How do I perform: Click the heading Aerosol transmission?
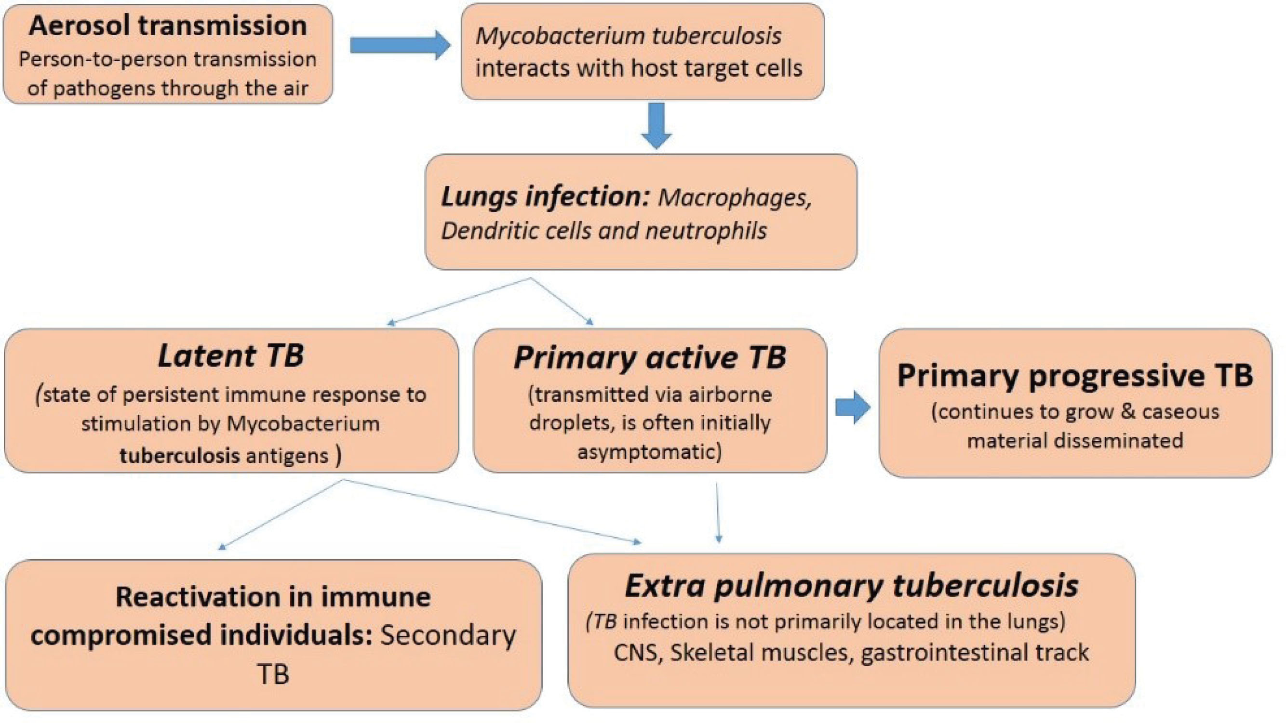click(168, 26)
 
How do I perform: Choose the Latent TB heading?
click(230, 356)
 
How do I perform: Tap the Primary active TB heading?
click(650, 358)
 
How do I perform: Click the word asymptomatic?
click(649, 452)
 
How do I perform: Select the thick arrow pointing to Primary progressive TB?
click(853, 408)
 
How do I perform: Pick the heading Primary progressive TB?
click(1075, 375)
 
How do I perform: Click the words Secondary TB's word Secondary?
click(448, 636)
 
